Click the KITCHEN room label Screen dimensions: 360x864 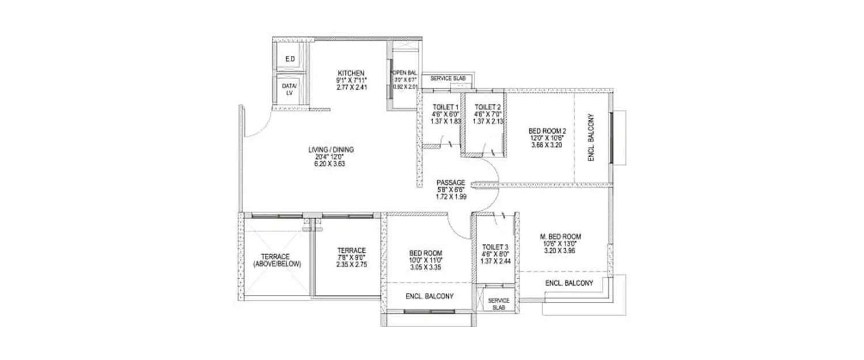click(351, 73)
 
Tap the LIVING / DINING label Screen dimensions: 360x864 click(331, 150)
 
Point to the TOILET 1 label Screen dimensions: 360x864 click(445, 107)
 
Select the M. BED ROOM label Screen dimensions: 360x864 click(560, 236)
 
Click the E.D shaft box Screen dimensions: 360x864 click(290, 59)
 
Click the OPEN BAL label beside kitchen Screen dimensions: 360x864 click(404, 73)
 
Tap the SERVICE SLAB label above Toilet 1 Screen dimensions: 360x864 click(448, 78)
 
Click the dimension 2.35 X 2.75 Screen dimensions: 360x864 click(351, 264)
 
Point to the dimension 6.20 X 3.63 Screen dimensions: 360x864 click(331, 164)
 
